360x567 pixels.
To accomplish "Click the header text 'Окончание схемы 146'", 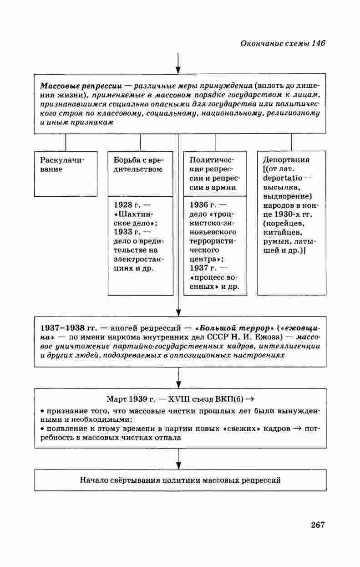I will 282,43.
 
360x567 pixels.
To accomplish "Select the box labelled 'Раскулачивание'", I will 66,173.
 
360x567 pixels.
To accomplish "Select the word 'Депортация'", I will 286,160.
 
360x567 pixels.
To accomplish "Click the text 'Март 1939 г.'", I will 128,400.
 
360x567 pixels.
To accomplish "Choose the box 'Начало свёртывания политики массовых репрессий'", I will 180,480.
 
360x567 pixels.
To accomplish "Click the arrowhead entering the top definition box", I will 179,69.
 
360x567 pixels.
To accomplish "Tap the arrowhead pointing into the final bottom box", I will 179,465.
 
